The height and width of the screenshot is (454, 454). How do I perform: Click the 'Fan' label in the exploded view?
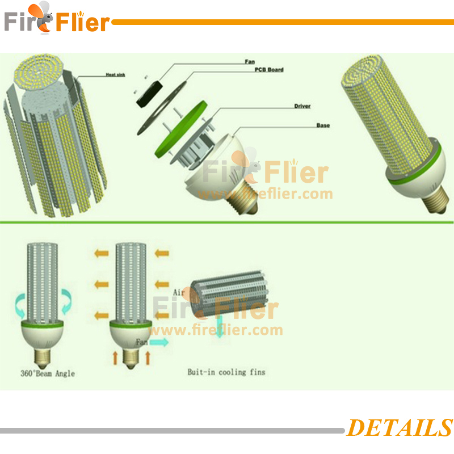pyautogui.click(x=250, y=62)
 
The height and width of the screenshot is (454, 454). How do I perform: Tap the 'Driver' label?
pyautogui.click(x=302, y=106)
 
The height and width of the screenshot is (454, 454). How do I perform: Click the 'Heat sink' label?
pyautogui.click(x=115, y=74)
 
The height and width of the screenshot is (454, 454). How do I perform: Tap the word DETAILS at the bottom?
pyautogui.click(x=400, y=427)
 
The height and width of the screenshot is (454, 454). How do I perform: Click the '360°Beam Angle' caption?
pyautogui.click(x=48, y=373)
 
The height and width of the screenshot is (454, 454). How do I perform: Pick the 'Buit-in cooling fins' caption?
pyautogui.click(x=226, y=372)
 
